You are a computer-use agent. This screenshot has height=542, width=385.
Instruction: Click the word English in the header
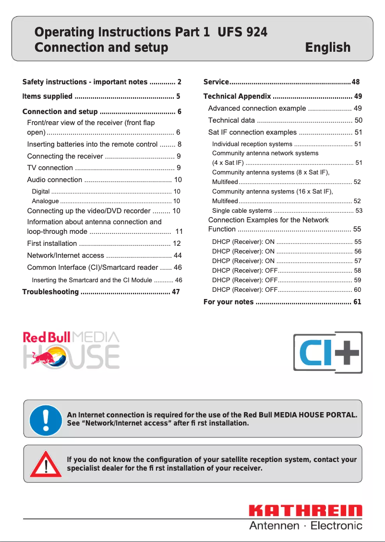327,47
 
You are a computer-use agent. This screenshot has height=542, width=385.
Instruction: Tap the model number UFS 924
242,32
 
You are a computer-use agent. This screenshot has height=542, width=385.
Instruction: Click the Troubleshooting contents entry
50,292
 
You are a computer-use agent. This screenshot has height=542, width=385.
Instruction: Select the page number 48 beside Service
356,82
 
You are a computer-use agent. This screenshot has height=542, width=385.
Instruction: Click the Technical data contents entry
231,120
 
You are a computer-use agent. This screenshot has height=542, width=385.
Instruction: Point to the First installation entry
52,243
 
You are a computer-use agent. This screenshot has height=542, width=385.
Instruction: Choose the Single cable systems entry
242,210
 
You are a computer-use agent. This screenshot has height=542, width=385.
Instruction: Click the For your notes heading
229,302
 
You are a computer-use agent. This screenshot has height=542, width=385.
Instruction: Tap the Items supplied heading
48,96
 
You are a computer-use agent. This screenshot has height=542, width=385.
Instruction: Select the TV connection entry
50,168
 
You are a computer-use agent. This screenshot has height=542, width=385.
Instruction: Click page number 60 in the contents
357,289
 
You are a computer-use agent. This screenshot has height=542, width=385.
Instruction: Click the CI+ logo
328,352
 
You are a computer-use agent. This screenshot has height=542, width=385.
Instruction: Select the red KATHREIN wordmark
305,511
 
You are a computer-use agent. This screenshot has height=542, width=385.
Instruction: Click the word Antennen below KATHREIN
274,526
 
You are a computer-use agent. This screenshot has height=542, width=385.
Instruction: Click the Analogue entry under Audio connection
45,201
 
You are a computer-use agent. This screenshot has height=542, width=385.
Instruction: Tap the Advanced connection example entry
257,108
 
